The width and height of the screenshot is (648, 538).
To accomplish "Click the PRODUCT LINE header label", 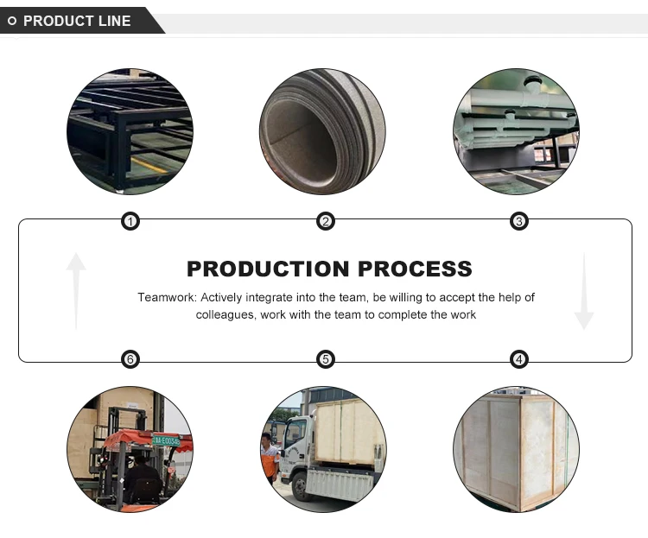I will [77, 21].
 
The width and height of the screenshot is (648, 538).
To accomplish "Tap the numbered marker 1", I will [130, 222].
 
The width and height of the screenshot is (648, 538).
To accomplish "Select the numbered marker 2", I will [325, 222].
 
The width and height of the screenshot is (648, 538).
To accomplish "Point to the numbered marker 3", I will [519, 222].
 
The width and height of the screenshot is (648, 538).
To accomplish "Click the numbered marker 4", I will [519, 359].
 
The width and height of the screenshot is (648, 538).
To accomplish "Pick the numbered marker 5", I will [325, 359].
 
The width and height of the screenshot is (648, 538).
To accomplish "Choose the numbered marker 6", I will [130, 359].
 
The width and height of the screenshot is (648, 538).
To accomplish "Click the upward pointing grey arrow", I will [76, 290].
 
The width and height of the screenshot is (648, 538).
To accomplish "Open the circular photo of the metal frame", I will [130, 131].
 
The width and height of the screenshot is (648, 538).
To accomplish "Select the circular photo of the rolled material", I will [323, 131].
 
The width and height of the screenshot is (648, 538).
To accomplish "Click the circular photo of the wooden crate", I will [516, 449].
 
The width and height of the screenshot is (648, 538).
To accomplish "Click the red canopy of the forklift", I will [130, 442].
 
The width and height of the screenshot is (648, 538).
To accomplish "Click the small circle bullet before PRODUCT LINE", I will [12, 21].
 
